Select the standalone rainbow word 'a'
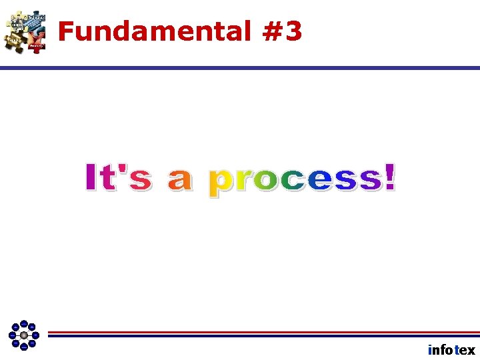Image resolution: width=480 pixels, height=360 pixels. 179,181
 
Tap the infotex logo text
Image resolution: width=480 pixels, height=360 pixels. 451,350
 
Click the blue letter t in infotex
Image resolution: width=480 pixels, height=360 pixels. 456,350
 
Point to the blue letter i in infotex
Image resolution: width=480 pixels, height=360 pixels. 430,349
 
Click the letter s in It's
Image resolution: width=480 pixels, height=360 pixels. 139,181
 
